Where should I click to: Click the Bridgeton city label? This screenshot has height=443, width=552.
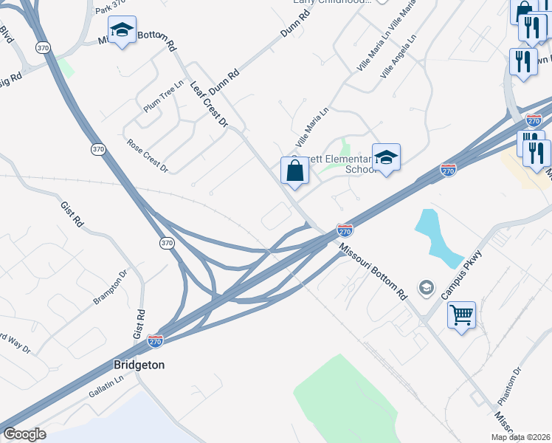click(x=139, y=365)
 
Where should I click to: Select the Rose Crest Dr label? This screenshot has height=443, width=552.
click(x=148, y=156)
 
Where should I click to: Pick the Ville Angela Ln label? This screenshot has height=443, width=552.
click(x=399, y=56)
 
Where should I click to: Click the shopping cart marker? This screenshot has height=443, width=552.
click(x=461, y=315)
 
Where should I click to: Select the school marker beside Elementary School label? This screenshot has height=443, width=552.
click(x=385, y=157)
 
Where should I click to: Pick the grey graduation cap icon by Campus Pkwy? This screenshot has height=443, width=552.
click(x=426, y=286)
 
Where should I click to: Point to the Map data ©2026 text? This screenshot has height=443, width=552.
click(x=521, y=437)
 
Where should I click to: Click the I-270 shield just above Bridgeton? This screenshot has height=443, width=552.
click(x=155, y=341)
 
